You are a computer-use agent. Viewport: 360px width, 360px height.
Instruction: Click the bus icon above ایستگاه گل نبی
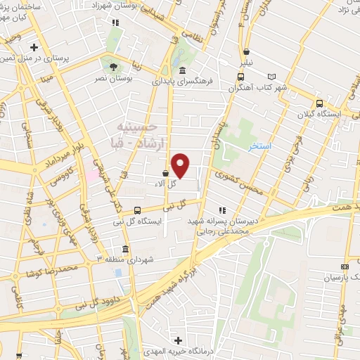[x=137, y=210]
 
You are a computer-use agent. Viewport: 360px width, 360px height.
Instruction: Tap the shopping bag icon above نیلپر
[x=247, y=51]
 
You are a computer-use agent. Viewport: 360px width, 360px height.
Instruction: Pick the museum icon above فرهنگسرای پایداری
[x=182, y=70]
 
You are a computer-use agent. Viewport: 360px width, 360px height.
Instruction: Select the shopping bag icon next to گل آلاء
[x=165, y=172]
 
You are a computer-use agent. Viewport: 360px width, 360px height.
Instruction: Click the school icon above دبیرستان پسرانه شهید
[x=223, y=210]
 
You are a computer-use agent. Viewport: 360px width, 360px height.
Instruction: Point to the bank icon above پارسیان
[x=344, y=267]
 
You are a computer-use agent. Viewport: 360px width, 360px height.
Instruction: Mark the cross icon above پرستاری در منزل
[x=34, y=47]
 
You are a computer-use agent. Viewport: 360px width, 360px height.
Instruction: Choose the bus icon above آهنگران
[x=241, y=77]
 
